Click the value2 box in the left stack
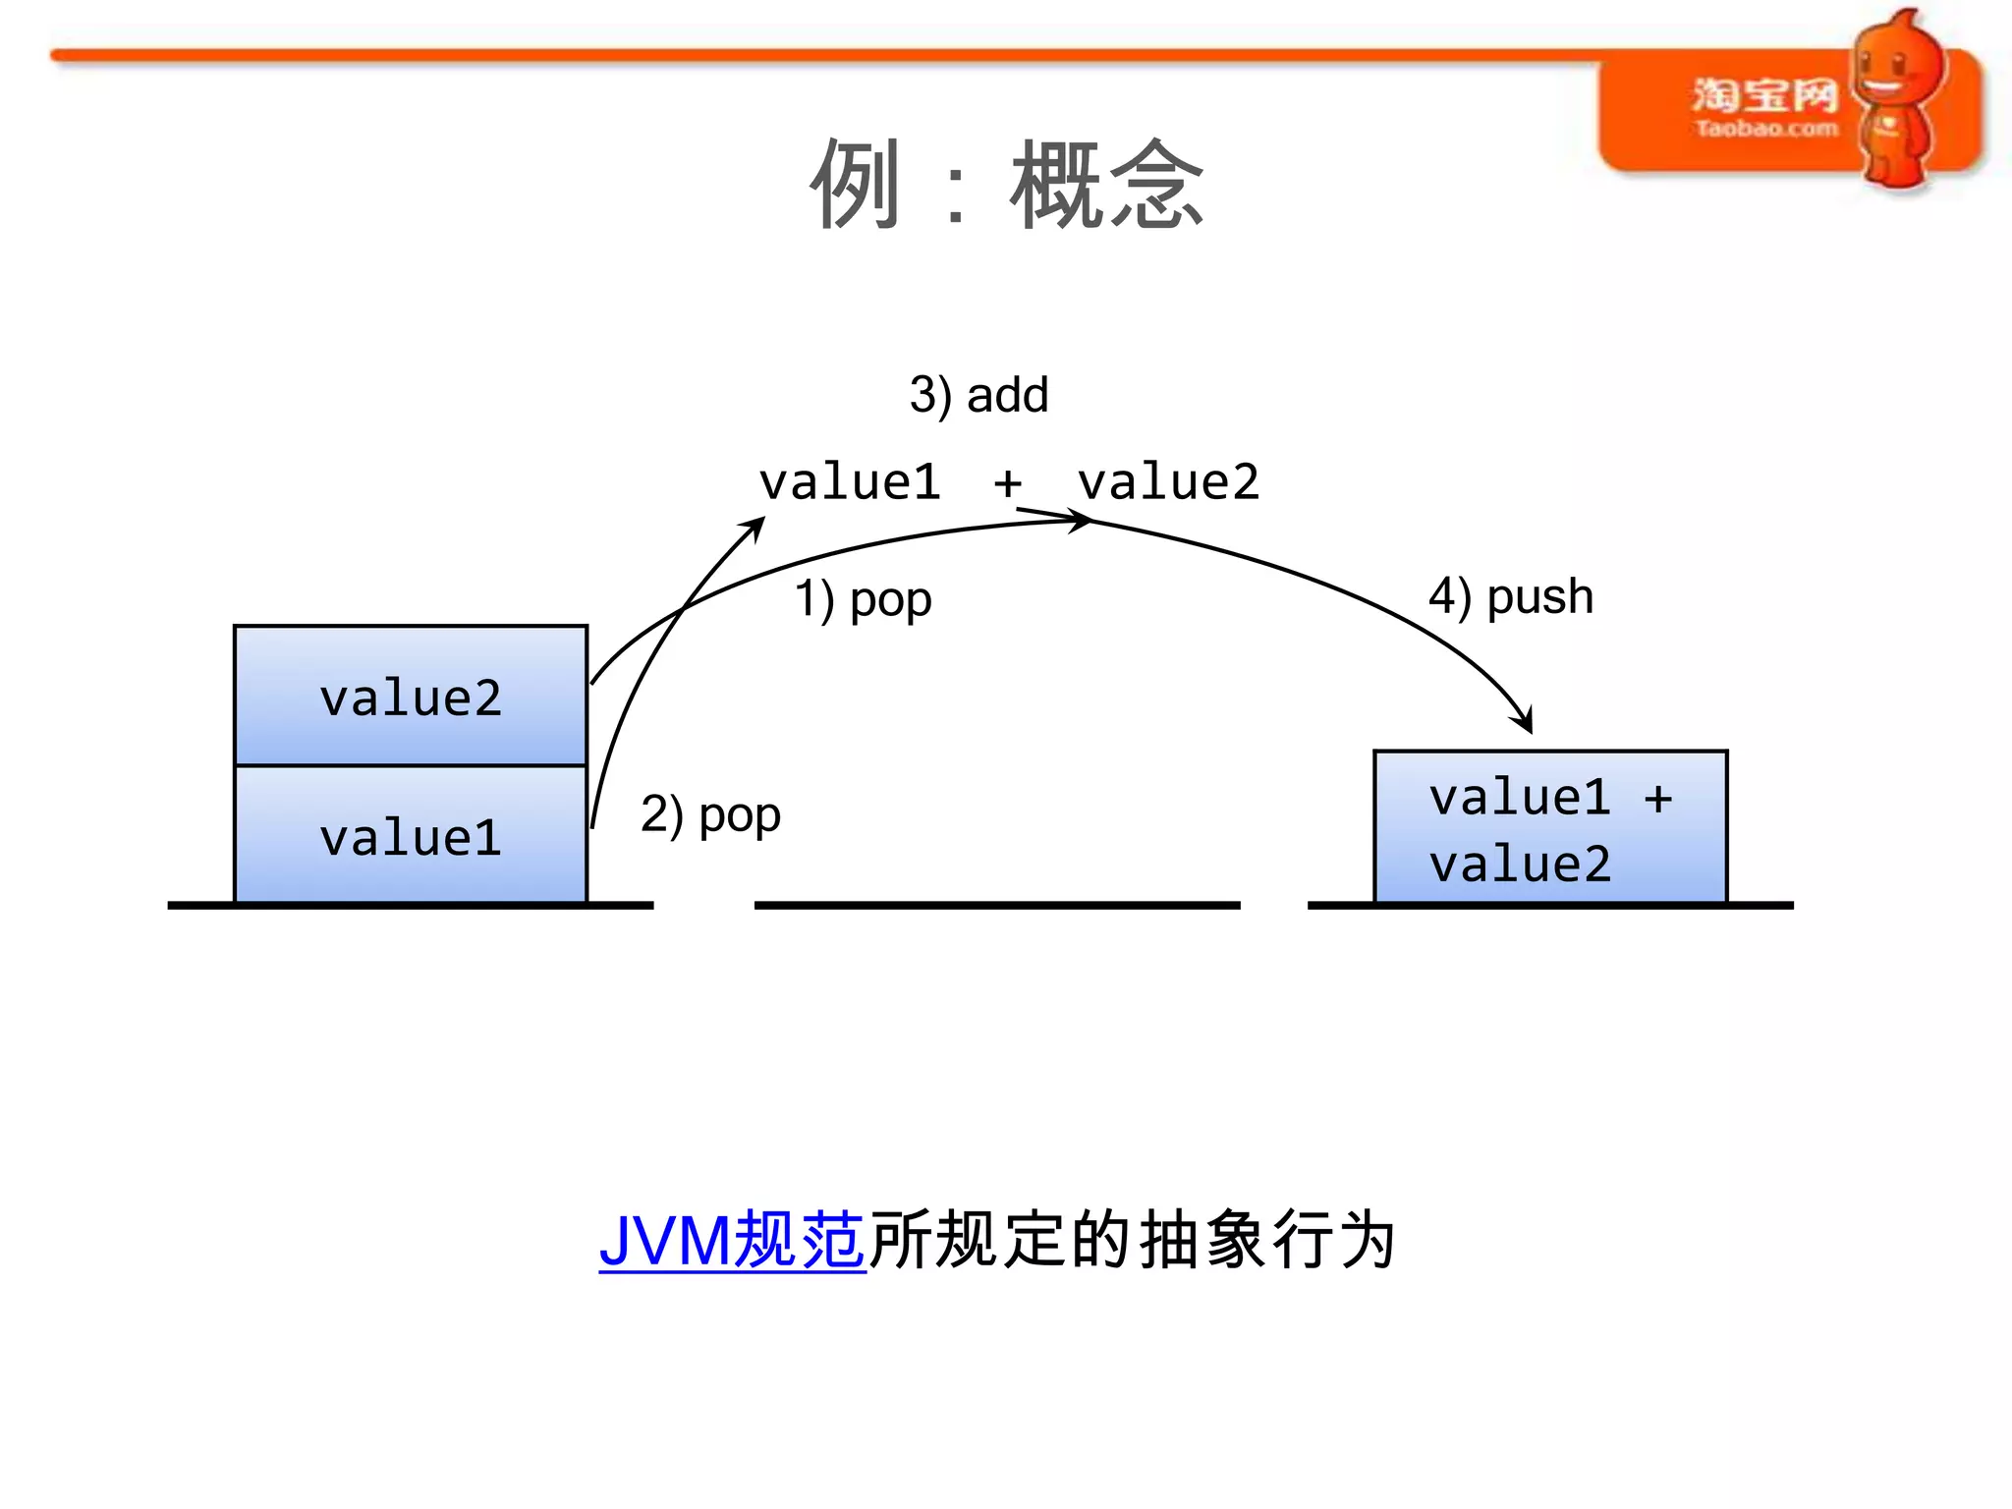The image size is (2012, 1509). coord(411,697)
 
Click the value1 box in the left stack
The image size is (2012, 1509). coord(411,835)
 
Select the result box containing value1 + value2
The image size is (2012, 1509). coord(1550,827)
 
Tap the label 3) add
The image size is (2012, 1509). coord(978,395)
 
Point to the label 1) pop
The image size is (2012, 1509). coord(863,598)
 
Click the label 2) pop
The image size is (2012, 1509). coord(710,814)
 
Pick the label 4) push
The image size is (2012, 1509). coord(1511,596)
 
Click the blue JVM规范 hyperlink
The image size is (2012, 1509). coord(732,1241)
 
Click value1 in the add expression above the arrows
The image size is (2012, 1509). coord(851,482)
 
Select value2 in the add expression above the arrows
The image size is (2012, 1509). coord(1168,482)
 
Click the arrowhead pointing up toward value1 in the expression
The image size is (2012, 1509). coord(756,526)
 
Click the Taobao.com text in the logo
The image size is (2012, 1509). coord(1765,129)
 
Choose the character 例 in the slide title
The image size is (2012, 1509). coord(855,185)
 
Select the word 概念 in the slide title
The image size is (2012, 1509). coord(1107,185)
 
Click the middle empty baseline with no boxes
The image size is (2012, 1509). coord(997,905)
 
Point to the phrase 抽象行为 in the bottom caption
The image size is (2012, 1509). coord(1267,1241)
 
